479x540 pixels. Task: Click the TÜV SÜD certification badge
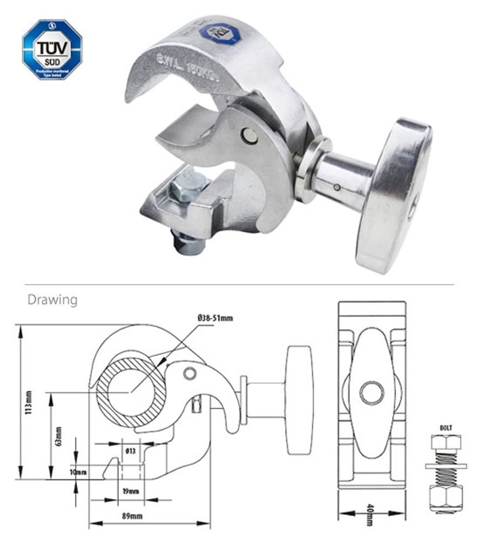pyautogui.click(x=52, y=50)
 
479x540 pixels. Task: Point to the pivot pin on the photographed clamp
pyautogui.click(x=249, y=135)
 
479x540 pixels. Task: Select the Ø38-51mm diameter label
pyautogui.click(x=214, y=318)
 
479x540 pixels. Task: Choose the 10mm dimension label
pyautogui.click(x=78, y=472)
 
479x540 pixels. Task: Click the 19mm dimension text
pyautogui.click(x=130, y=491)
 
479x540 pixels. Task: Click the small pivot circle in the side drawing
pyautogui.click(x=189, y=373)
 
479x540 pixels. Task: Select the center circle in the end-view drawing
pyautogui.click(x=372, y=393)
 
